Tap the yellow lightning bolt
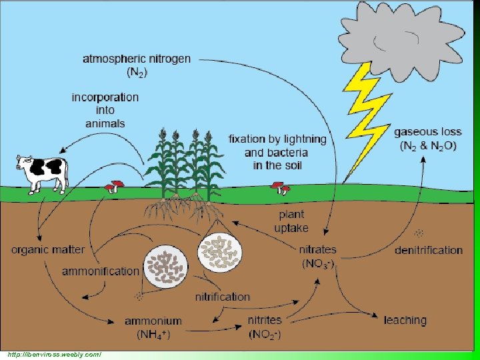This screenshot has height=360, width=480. point(366,123)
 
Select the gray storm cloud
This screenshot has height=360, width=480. point(401,41)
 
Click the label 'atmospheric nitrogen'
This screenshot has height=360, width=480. point(137,59)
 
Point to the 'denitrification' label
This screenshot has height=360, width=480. point(429,251)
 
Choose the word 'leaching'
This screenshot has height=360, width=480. point(405,321)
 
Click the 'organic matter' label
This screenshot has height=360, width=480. point(48,250)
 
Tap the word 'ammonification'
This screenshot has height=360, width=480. point(101,271)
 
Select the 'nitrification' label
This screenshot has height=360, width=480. point(223,297)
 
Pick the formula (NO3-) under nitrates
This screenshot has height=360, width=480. point(318,264)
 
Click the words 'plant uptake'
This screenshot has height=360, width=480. point(291,221)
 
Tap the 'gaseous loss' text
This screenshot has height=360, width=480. point(427,132)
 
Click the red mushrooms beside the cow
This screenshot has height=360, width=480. point(114,187)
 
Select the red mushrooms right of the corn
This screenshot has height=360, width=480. point(281,188)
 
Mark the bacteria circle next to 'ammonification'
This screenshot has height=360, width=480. point(165,267)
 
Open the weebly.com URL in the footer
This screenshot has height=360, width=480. point(54,355)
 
